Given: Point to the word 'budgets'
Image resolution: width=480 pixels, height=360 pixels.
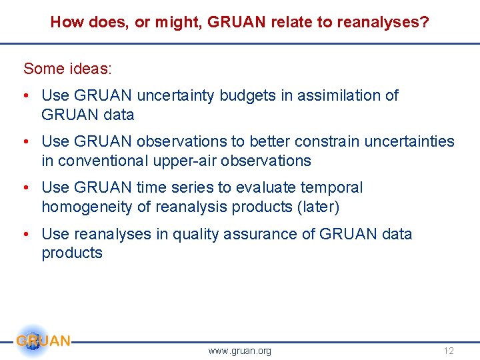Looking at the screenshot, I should (x=250, y=95).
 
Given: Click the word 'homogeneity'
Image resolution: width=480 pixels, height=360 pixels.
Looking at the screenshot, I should (x=87, y=207).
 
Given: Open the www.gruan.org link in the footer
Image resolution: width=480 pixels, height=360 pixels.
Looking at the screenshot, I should (x=239, y=351).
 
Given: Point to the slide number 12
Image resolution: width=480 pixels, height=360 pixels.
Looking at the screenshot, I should (x=448, y=351).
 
